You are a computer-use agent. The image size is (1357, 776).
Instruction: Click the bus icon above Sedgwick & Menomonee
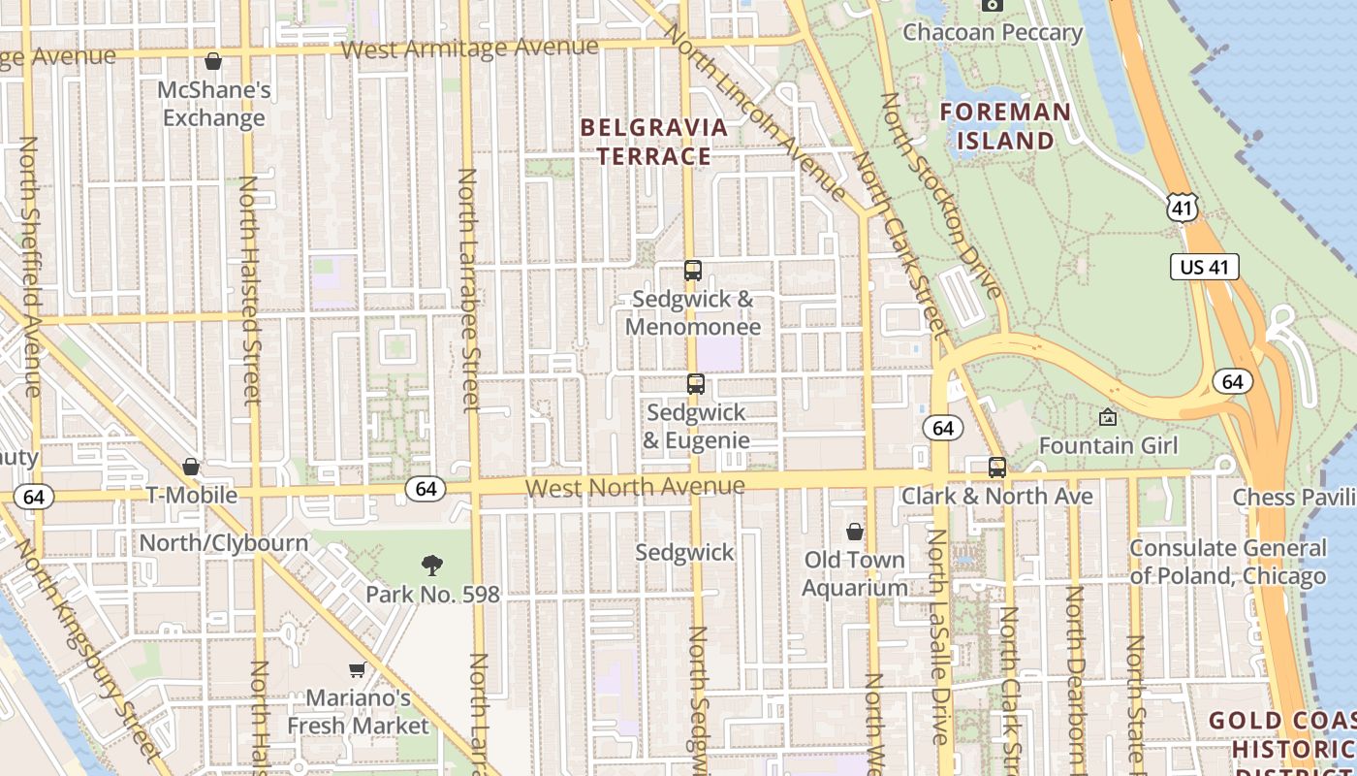tap(692, 271)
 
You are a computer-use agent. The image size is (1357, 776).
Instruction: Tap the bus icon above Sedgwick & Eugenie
tap(695, 384)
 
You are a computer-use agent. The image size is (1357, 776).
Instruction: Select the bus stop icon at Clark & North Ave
tap(996, 468)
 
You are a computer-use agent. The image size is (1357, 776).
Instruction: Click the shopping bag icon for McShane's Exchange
tap(213, 61)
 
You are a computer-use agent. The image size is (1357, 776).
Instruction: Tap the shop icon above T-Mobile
tap(191, 468)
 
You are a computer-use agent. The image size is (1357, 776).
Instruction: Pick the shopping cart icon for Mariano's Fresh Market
tap(357, 669)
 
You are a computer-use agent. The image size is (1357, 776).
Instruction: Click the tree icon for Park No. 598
tap(432, 566)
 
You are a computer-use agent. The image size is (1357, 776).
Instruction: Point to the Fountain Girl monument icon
tap(1107, 417)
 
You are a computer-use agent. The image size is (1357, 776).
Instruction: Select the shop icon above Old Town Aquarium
tap(854, 532)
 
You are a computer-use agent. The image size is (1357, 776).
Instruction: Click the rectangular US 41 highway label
tap(1205, 267)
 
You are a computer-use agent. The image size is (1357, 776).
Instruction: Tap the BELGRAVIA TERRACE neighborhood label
tap(653, 142)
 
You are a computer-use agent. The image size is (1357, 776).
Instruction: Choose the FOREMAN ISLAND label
tap(1006, 126)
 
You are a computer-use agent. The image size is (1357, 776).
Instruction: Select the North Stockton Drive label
tap(940, 194)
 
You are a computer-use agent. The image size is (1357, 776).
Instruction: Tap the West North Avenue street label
tap(635, 486)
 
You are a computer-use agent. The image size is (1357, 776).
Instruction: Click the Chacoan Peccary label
tap(993, 33)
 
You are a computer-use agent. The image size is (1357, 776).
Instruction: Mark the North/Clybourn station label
tap(224, 542)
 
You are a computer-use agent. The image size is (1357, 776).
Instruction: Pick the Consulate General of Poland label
tap(1227, 563)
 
